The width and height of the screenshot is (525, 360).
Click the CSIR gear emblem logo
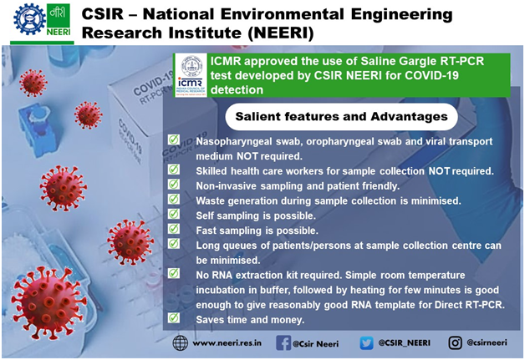tap(29, 19)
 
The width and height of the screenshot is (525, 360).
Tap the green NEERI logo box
tap(59, 20)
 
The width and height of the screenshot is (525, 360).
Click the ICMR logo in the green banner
tap(190, 75)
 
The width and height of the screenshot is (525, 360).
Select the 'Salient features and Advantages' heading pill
tap(341, 116)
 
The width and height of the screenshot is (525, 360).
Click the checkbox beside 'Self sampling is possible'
tap(173, 214)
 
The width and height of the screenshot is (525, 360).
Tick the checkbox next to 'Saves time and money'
tap(173, 317)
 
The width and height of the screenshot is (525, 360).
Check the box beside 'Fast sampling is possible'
tap(173, 229)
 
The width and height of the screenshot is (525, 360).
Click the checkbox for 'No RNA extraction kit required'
tap(173, 273)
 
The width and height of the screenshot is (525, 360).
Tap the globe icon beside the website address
tap(180, 343)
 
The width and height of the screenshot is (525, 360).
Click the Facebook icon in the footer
tap(283, 343)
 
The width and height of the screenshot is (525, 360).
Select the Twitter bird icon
tap(366, 343)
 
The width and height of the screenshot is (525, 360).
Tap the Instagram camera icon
tap(455, 343)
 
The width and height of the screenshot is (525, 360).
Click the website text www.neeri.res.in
tap(227, 343)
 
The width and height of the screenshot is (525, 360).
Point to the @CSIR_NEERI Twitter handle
tap(404, 342)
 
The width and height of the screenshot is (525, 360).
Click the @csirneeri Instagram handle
tap(487, 342)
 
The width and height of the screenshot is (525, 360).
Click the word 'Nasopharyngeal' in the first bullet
tap(234, 142)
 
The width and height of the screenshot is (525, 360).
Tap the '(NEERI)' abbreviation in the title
tap(281, 33)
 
